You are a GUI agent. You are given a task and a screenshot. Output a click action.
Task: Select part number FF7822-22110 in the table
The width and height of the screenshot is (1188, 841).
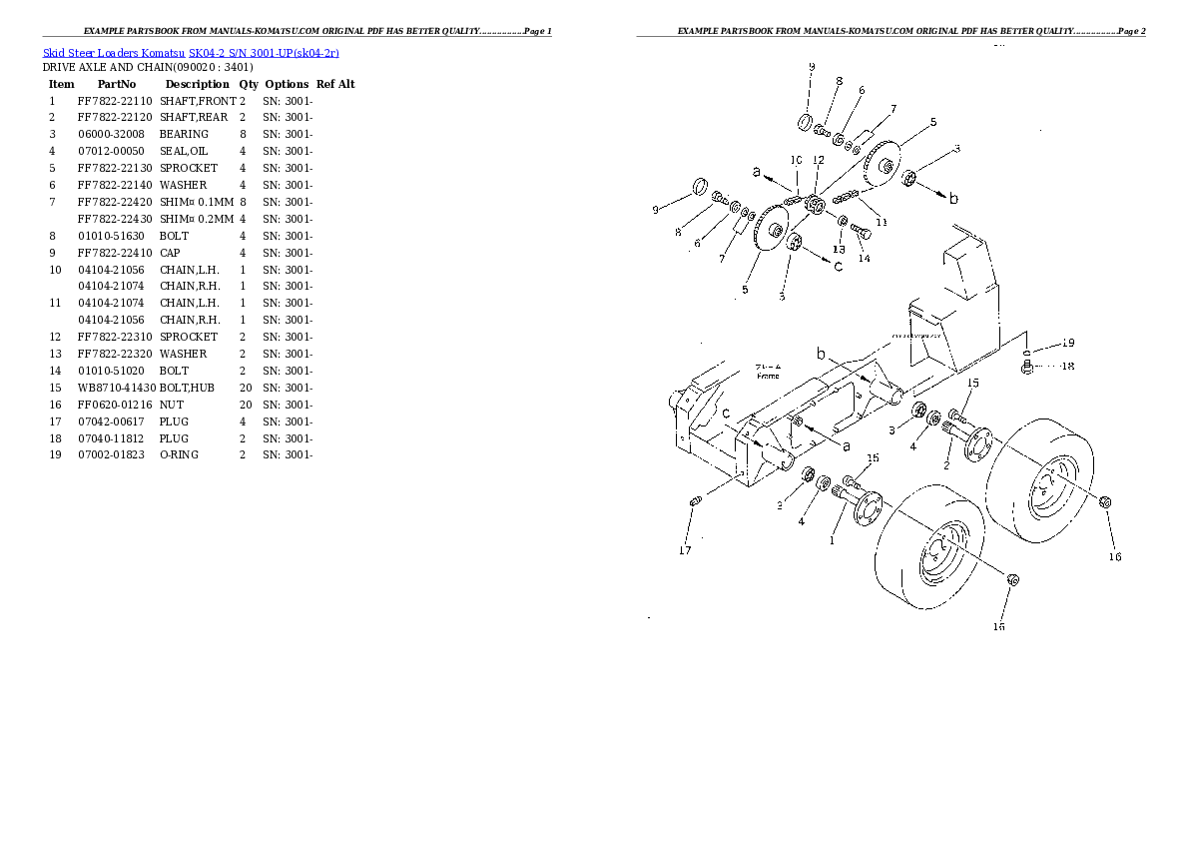tap(115, 101)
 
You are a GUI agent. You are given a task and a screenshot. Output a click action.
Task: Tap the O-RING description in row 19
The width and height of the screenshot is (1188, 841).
tap(179, 454)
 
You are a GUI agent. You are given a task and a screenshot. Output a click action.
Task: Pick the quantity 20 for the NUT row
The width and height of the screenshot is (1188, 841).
tap(243, 405)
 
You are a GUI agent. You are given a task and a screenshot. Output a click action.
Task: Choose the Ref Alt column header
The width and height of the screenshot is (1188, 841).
tap(335, 84)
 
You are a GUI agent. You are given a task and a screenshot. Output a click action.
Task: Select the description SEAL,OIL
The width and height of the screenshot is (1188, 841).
tap(184, 151)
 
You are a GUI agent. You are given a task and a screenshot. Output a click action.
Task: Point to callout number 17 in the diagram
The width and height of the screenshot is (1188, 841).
tap(685, 549)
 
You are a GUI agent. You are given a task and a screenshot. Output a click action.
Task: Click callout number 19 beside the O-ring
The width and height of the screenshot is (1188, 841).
tap(1067, 344)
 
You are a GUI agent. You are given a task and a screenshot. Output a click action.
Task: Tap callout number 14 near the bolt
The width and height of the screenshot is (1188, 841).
tap(864, 258)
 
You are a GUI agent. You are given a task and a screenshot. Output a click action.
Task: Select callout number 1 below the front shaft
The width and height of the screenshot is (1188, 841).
tap(833, 540)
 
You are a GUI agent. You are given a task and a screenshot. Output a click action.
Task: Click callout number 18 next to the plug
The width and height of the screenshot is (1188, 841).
tap(1066, 366)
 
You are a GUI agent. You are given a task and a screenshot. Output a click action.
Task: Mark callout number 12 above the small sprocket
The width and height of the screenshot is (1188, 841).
tap(819, 160)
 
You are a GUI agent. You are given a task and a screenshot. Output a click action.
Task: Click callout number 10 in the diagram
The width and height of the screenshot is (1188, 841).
tap(796, 160)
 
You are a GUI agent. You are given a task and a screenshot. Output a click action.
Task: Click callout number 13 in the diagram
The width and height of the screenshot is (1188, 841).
tap(840, 249)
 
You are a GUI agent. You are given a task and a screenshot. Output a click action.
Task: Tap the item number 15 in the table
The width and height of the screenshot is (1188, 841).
tap(56, 388)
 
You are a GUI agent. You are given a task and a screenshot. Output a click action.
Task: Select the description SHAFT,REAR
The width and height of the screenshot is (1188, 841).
tap(194, 118)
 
